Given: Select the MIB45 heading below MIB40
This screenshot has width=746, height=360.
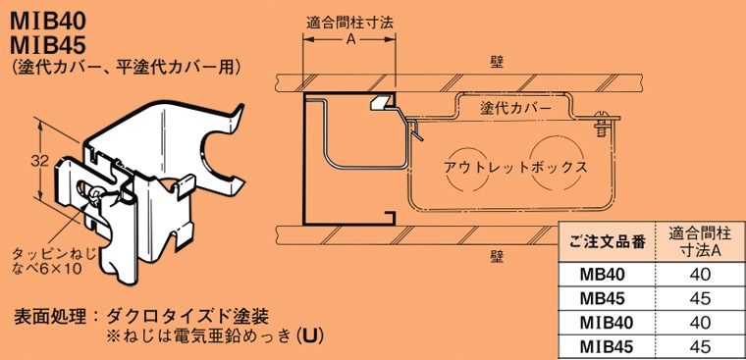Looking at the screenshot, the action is coord(46,42).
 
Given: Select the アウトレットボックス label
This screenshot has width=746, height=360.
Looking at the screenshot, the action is coord(515,167).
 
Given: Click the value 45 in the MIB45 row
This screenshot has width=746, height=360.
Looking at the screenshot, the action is coord(699,345).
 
